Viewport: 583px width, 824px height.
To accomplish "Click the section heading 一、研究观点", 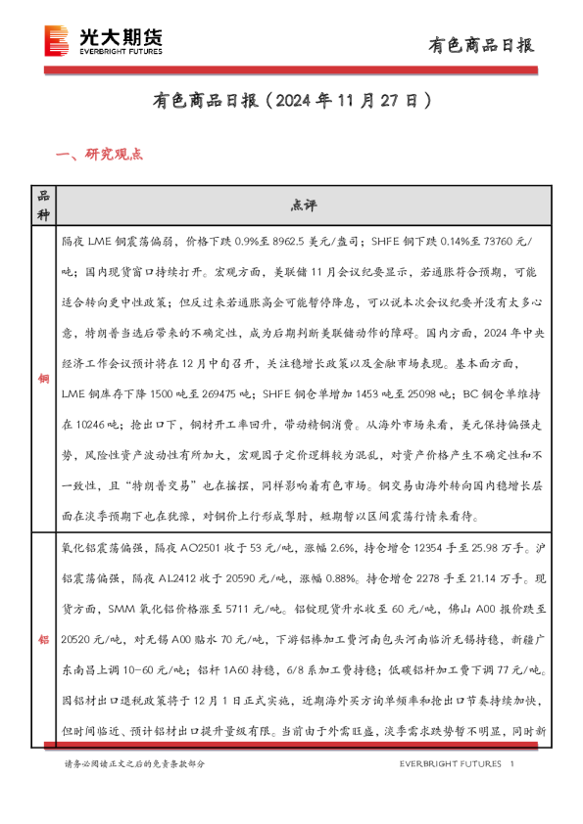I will (x=101, y=154).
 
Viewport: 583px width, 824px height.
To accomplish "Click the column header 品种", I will (x=43, y=205).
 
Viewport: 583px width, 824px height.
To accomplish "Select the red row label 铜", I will (x=43, y=378).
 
